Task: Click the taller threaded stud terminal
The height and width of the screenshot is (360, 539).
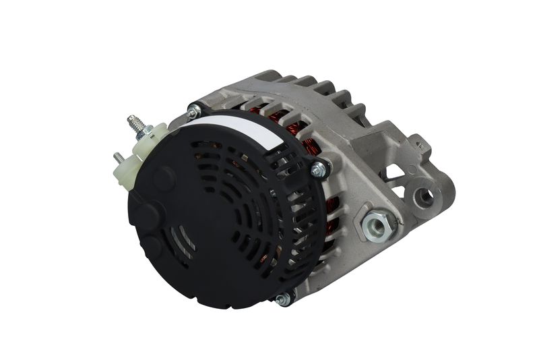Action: click(x=136, y=124)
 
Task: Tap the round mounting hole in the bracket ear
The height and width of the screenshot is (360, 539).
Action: click(x=425, y=196)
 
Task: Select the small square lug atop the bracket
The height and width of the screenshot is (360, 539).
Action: click(x=420, y=142)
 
